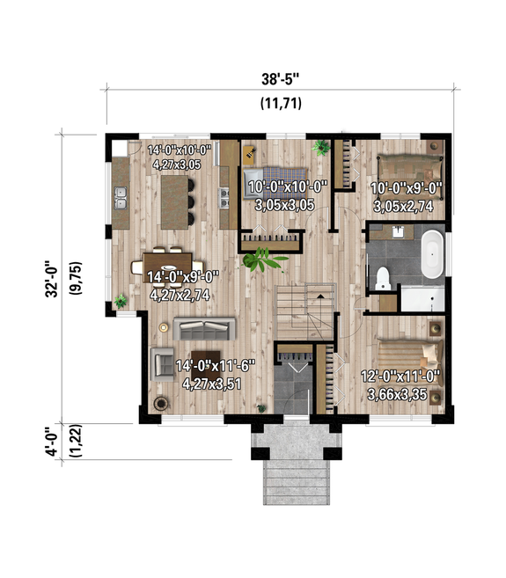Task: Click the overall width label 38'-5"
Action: [x=281, y=77]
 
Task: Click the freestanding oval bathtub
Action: [x=432, y=254]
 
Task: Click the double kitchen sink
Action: [x=121, y=205]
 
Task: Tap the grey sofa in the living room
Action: [x=205, y=329]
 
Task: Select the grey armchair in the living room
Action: [x=162, y=362]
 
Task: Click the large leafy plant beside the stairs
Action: [x=263, y=260]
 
